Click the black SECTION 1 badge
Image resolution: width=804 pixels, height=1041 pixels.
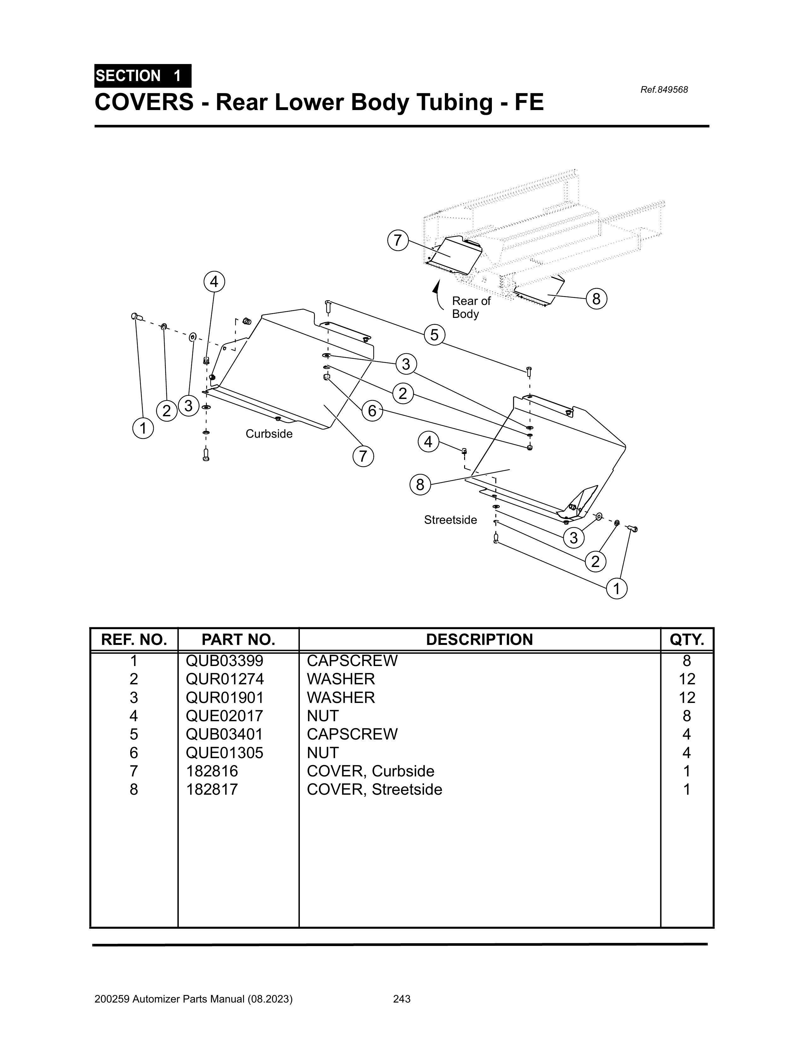143,76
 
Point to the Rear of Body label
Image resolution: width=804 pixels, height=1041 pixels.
470,307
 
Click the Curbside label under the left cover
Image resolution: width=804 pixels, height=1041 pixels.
269,434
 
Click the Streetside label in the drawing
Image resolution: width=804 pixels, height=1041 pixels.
450,520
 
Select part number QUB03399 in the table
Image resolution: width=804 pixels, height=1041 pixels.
224,661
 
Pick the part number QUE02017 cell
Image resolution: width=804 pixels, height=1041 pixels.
224,716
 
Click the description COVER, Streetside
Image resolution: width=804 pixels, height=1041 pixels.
374,789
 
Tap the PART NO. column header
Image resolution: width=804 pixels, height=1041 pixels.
238,640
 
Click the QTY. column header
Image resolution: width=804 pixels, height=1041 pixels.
687,640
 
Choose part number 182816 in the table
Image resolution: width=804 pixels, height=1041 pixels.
212,771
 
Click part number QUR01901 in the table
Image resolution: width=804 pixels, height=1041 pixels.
224,698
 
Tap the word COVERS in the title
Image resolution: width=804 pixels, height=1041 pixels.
144,102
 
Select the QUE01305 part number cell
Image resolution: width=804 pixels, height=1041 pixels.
224,753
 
